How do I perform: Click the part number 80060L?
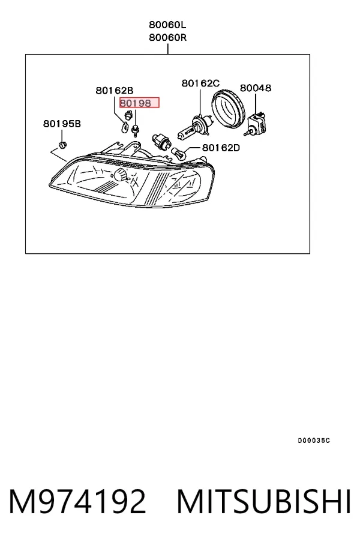(167, 25)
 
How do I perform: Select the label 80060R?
(167, 37)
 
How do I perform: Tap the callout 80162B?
(115, 91)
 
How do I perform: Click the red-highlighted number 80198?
(136, 103)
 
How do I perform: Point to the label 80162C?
(200, 83)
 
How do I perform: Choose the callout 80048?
(256, 88)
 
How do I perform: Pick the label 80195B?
(62, 124)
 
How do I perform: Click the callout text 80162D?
(221, 148)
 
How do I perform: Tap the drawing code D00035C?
(314, 441)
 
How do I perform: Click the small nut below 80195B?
(62, 144)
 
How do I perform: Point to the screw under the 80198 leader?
(134, 129)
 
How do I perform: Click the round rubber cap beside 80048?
(229, 109)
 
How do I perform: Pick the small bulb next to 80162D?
(179, 152)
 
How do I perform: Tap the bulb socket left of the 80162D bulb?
(161, 142)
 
